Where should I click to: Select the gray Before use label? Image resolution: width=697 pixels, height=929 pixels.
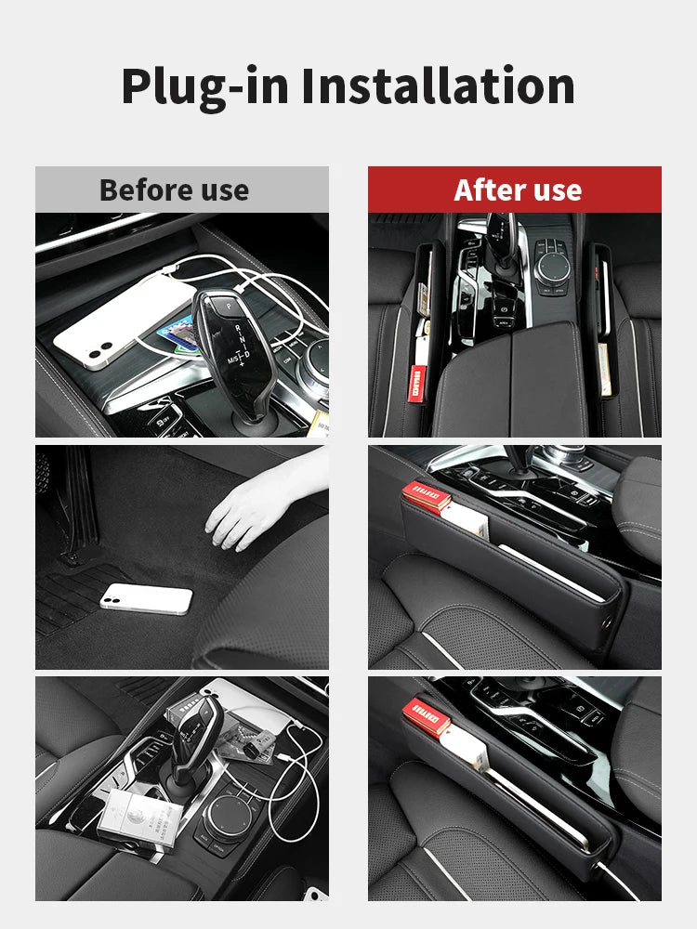pos(174,190)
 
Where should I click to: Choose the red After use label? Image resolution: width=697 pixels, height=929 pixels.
pos(517,190)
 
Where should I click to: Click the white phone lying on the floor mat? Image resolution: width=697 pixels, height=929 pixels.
pos(146,599)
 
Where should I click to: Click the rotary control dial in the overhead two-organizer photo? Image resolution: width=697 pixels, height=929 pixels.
pos(557,266)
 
